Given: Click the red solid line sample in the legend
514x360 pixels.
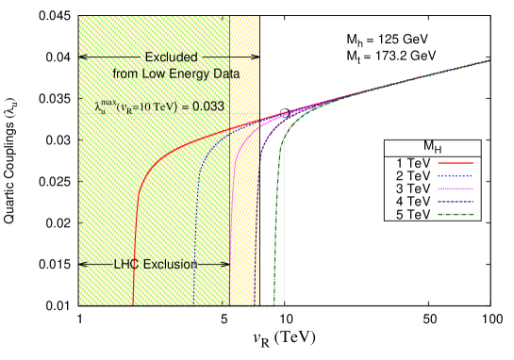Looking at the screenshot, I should coord(456,163).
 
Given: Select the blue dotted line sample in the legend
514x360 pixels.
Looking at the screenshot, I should coord(456,176).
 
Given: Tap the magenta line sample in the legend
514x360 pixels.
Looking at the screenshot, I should coord(456,188).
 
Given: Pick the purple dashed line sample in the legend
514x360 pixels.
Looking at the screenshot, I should coord(456,202).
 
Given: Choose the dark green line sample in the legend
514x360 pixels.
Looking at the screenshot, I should coord(456,214).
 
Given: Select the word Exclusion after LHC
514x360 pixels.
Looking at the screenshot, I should coord(170,265).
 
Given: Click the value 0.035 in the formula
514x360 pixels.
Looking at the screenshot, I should coord(207,106).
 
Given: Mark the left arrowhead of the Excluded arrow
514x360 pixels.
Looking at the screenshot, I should coord(83,57).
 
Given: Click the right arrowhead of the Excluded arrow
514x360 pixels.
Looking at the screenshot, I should coord(255,57).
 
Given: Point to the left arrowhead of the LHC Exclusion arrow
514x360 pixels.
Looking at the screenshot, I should coord(83,265).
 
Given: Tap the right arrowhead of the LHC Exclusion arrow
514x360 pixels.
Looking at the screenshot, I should coord(225,265).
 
